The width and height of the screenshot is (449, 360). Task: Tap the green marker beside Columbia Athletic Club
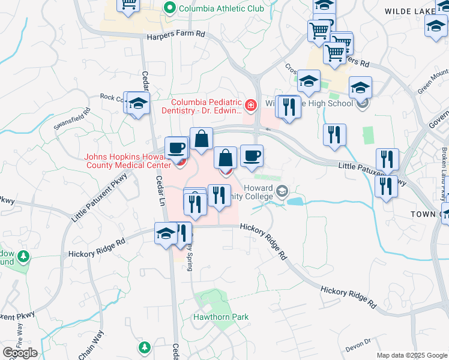tap(170, 8)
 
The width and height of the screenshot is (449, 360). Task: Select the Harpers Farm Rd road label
tap(176, 35)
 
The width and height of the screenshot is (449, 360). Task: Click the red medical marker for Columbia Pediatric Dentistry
tap(250, 107)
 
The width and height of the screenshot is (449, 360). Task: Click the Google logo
tap(20, 353)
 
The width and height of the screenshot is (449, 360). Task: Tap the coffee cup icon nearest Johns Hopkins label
tap(177, 148)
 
